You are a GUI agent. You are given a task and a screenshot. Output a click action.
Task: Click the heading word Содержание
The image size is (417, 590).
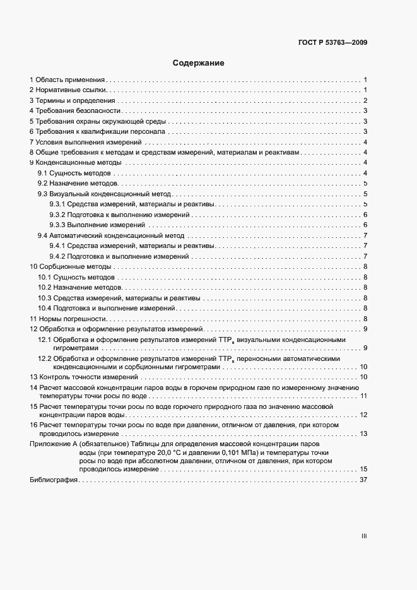pyautogui.click(x=199, y=63)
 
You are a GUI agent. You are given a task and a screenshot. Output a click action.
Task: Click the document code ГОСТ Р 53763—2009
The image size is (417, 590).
pyautogui.click(x=332, y=43)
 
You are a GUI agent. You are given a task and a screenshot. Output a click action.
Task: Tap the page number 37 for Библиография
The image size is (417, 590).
pyautogui.click(x=363, y=480)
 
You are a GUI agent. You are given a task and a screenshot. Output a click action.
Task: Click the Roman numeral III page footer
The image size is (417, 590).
pyautogui.click(x=364, y=536)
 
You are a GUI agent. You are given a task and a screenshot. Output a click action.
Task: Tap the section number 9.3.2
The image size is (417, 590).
pyautogui.click(x=57, y=215)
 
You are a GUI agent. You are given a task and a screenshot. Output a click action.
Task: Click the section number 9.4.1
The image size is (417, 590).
pyautogui.click(x=57, y=246)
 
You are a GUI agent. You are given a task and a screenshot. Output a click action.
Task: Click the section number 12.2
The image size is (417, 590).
pyautogui.click(x=45, y=358)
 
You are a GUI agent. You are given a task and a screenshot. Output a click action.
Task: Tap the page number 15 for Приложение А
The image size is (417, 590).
pyautogui.click(x=363, y=469)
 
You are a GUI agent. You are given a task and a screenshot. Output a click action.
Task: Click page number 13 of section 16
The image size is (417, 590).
pyautogui.click(x=363, y=434)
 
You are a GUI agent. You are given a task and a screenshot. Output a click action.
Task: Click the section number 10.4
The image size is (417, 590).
pyautogui.click(x=44, y=308)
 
